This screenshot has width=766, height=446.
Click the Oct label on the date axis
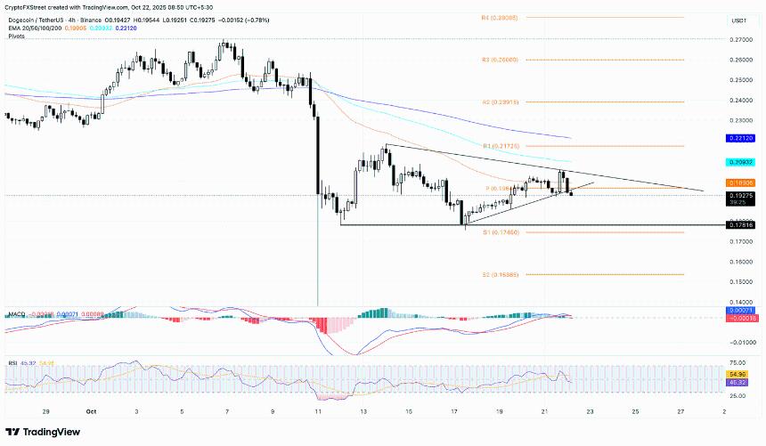tap(91, 412)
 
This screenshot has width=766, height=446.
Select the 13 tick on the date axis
tap(363, 412)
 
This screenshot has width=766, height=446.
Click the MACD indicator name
tap(14, 314)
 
